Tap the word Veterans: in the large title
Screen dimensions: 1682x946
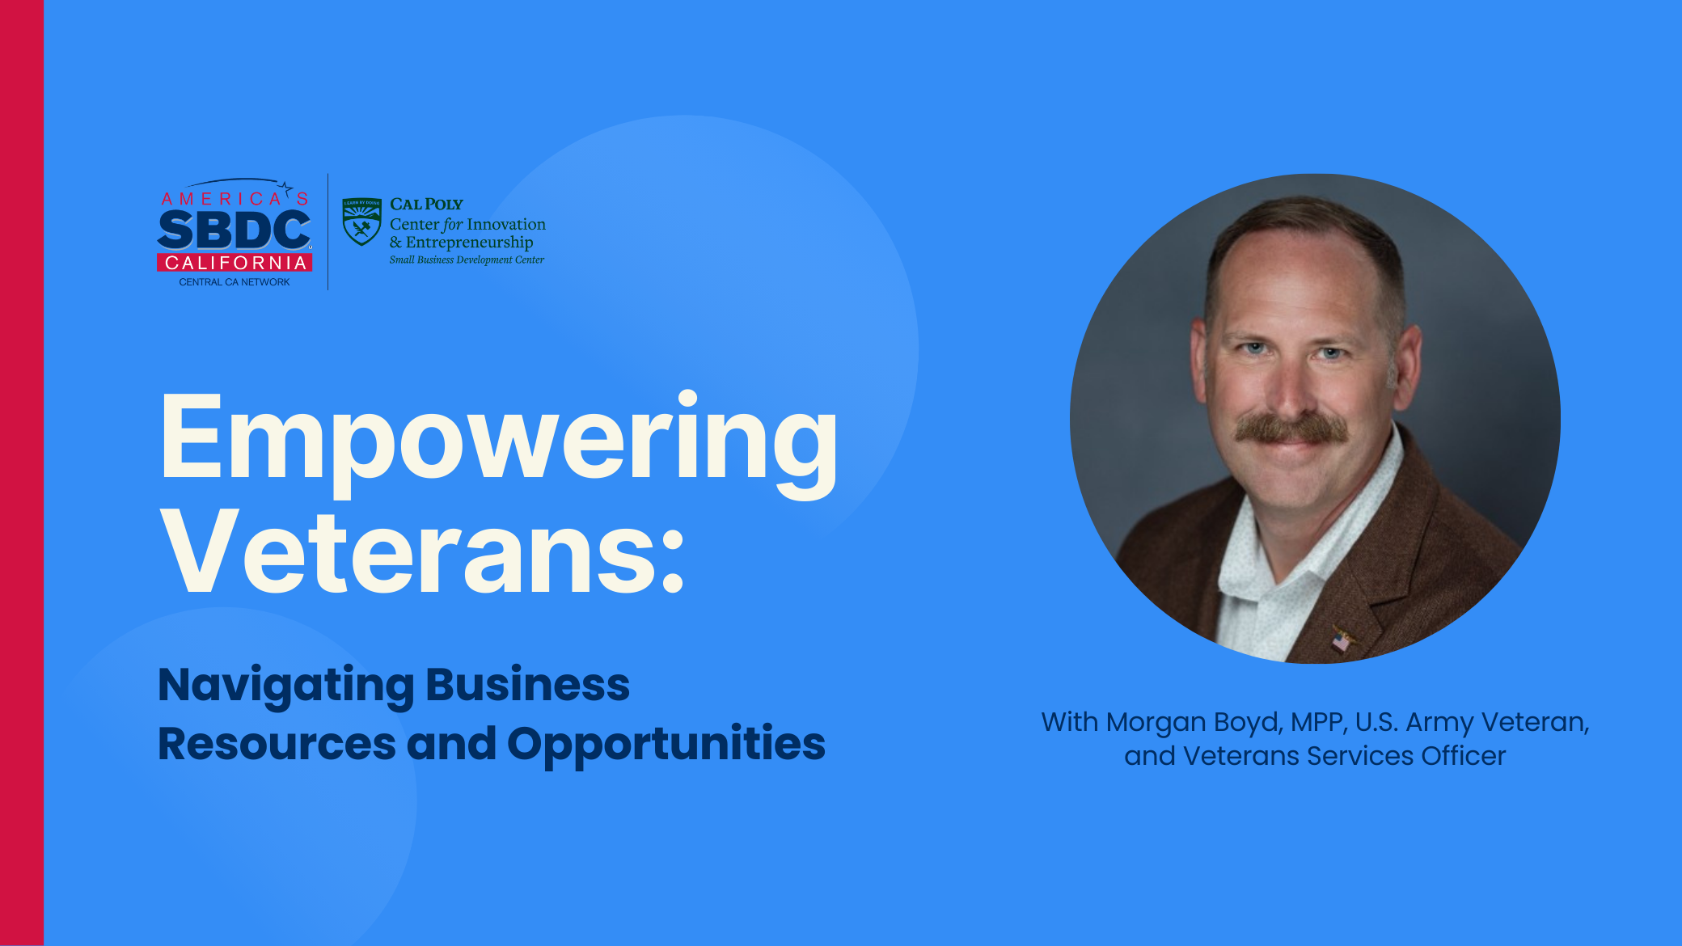click(x=423, y=552)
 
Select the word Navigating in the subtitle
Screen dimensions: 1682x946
click(x=286, y=686)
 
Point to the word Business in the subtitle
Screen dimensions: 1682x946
click(x=527, y=685)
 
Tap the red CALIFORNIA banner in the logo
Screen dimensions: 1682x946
click(x=235, y=263)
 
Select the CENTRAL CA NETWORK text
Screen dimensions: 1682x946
click(x=235, y=282)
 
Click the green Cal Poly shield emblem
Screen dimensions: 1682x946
click(x=361, y=222)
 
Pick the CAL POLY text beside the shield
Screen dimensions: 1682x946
click(x=426, y=205)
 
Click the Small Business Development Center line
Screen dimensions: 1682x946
click(x=467, y=260)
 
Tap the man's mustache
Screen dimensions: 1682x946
click(x=1291, y=429)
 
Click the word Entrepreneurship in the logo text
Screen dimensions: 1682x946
click(x=470, y=243)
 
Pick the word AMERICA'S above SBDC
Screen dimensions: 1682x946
click(x=235, y=198)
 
